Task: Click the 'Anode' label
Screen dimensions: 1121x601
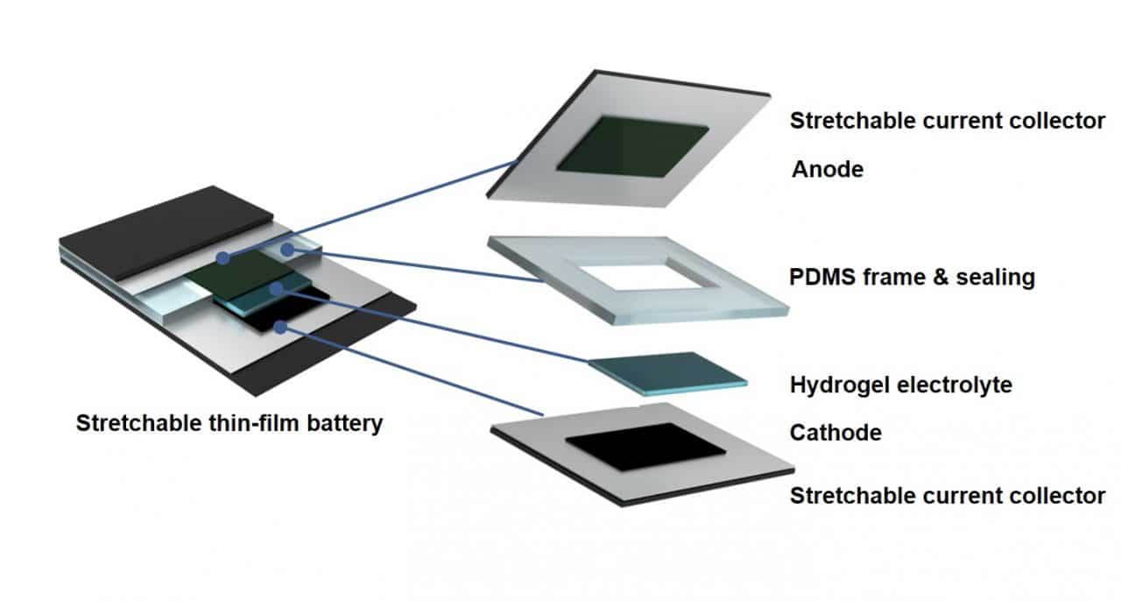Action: point(828,169)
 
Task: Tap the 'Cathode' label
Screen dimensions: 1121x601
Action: point(835,433)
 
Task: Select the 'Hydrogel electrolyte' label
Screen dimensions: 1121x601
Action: point(901,385)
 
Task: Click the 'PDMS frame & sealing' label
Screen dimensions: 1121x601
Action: point(912,277)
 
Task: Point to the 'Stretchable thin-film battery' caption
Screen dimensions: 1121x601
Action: point(229,423)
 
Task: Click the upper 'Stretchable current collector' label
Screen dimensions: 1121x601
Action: point(948,121)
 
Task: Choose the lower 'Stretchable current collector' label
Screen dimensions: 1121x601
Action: point(948,496)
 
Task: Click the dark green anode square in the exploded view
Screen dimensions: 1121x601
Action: point(632,146)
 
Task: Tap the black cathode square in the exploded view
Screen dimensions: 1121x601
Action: point(645,447)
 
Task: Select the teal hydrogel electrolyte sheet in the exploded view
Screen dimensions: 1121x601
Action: point(667,373)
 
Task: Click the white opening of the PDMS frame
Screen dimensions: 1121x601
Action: point(649,277)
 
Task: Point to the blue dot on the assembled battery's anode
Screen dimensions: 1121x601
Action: point(223,258)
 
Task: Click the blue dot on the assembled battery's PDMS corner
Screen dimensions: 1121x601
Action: point(287,250)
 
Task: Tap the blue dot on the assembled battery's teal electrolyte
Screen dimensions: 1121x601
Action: point(276,289)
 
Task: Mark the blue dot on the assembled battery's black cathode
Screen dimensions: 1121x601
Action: point(281,328)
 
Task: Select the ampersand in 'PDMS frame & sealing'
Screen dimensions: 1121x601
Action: point(941,277)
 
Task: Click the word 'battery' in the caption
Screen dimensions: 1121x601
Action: point(345,423)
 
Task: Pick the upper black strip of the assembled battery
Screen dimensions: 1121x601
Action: point(166,233)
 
